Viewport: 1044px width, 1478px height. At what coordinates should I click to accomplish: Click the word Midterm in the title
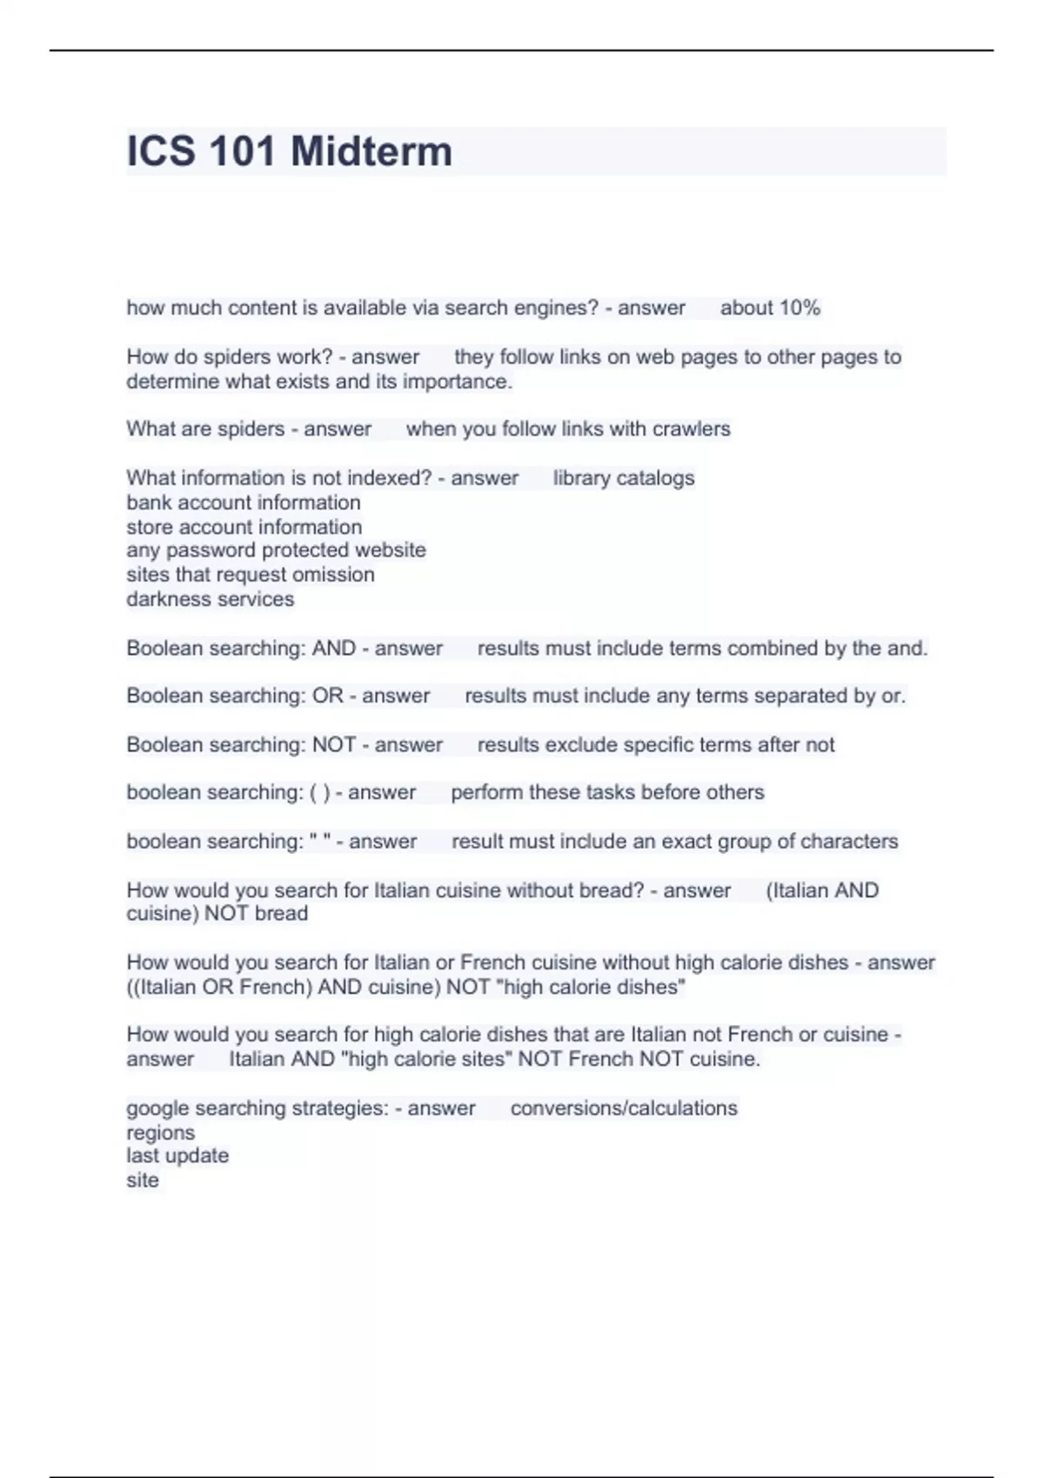tap(371, 151)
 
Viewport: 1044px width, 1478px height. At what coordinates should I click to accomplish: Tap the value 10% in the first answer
tap(800, 308)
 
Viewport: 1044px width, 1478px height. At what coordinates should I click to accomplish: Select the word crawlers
tap(691, 429)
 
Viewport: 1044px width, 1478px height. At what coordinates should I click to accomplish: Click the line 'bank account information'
tap(243, 503)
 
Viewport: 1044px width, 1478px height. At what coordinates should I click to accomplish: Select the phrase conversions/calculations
tap(623, 1108)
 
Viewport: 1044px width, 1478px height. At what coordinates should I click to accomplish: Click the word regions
tap(160, 1133)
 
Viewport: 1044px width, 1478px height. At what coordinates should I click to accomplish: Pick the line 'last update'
tap(177, 1156)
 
